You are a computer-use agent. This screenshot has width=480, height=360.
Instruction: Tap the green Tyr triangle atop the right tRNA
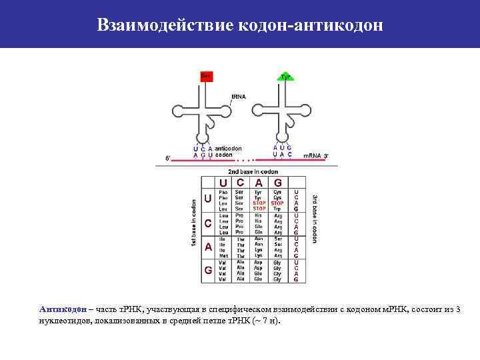pyautogui.click(x=285, y=77)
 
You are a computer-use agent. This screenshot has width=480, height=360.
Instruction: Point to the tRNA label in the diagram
pyautogui.click(x=238, y=97)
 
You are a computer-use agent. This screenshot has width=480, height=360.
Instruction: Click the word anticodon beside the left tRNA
pyautogui.click(x=229, y=148)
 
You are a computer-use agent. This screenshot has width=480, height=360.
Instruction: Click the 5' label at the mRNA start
pyautogui.click(x=168, y=159)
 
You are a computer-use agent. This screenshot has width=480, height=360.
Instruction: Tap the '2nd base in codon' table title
pyautogui.click(x=253, y=171)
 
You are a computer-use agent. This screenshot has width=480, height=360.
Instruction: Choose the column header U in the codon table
pyautogui.click(x=223, y=182)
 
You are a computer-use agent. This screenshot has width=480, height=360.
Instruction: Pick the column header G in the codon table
pyautogui.click(x=278, y=182)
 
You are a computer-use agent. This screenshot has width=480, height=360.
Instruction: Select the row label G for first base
pyautogui.click(x=208, y=270)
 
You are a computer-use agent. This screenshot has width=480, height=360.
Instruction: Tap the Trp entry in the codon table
pyautogui.click(x=277, y=208)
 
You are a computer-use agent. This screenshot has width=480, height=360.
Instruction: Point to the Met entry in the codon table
pyautogui.click(x=223, y=255)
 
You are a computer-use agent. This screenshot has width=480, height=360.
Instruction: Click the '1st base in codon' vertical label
pyautogui.click(x=193, y=223)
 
